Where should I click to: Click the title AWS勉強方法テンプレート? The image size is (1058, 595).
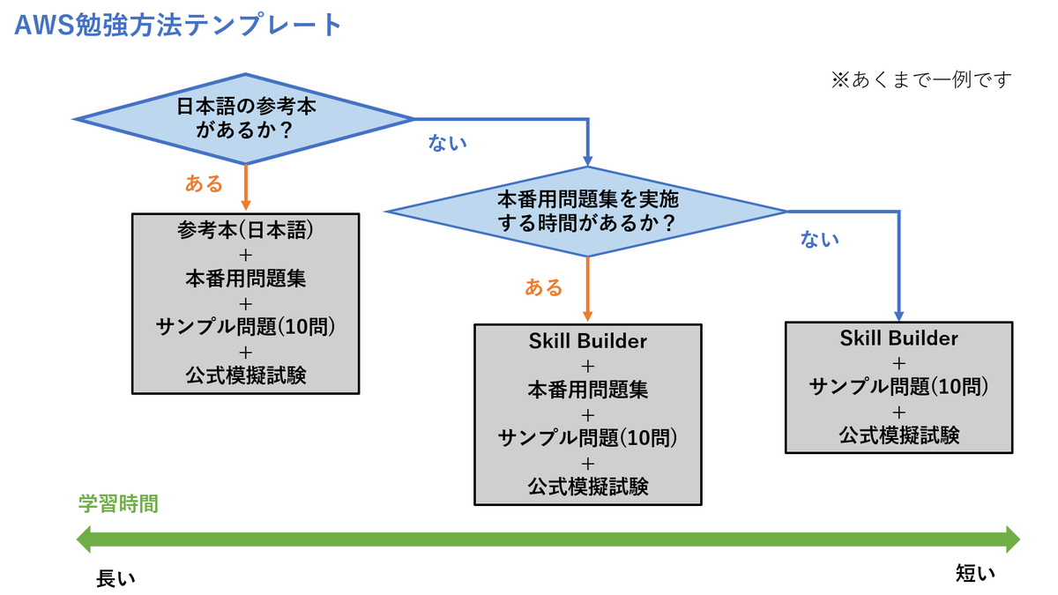(x=177, y=25)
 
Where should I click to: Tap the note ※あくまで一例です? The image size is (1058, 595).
(x=921, y=79)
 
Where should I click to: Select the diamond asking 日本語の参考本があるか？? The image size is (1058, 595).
(x=244, y=119)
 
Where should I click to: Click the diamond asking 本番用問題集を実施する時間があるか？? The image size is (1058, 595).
(x=587, y=212)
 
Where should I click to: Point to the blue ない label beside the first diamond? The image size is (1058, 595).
(x=447, y=143)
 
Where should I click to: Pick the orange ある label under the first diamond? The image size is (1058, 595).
(x=204, y=183)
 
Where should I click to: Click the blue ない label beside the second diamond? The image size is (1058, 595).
(x=819, y=239)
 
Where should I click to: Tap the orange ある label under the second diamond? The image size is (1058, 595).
(x=544, y=287)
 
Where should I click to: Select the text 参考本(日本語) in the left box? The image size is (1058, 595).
(x=245, y=230)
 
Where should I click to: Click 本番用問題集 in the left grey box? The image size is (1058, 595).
(x=245, y=279)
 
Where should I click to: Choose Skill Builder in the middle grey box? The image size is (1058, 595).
(x=587, y=341)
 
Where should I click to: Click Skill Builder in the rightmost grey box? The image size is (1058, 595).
(x=898, y=338)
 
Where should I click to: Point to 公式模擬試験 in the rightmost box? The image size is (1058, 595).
(x=898, y=435)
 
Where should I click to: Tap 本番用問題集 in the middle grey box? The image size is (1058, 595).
(x=587, y=390)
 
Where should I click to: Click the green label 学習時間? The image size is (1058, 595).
(x=118, y=504)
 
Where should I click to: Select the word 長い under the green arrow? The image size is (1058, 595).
(x=115, y=579)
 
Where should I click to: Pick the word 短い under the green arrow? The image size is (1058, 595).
(x=975, y=574)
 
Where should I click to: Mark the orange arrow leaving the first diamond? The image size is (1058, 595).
(x=245, y=188)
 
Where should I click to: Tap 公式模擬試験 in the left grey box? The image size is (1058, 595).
(x=245, y=376)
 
